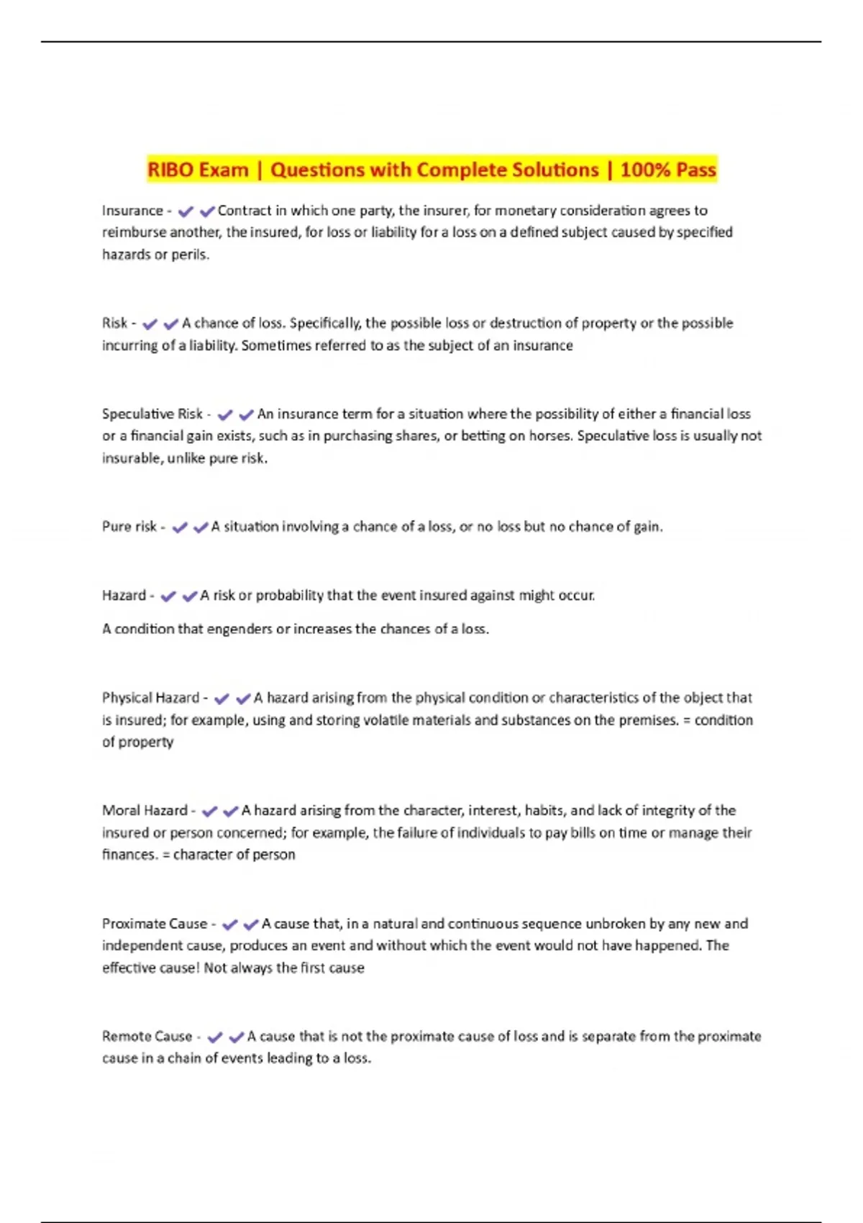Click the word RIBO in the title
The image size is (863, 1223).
[170, 170]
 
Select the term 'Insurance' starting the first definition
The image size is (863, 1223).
[132, 211]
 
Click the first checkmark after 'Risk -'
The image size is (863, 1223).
[150, 324]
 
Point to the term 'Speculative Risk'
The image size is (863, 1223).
[152, 414]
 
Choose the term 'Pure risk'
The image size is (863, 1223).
[129, 527]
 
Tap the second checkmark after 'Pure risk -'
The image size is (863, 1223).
[201, 528]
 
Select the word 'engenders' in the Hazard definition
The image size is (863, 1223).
[240, 629]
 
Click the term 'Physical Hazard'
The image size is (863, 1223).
[150, 698]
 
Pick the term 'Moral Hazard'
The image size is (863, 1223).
[145, 811]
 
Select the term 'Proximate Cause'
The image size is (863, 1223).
[155, 924]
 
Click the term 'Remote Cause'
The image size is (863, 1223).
[147, 1037]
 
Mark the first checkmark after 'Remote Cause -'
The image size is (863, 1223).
[214, 1037]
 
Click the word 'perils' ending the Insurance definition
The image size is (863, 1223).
[190, 255]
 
